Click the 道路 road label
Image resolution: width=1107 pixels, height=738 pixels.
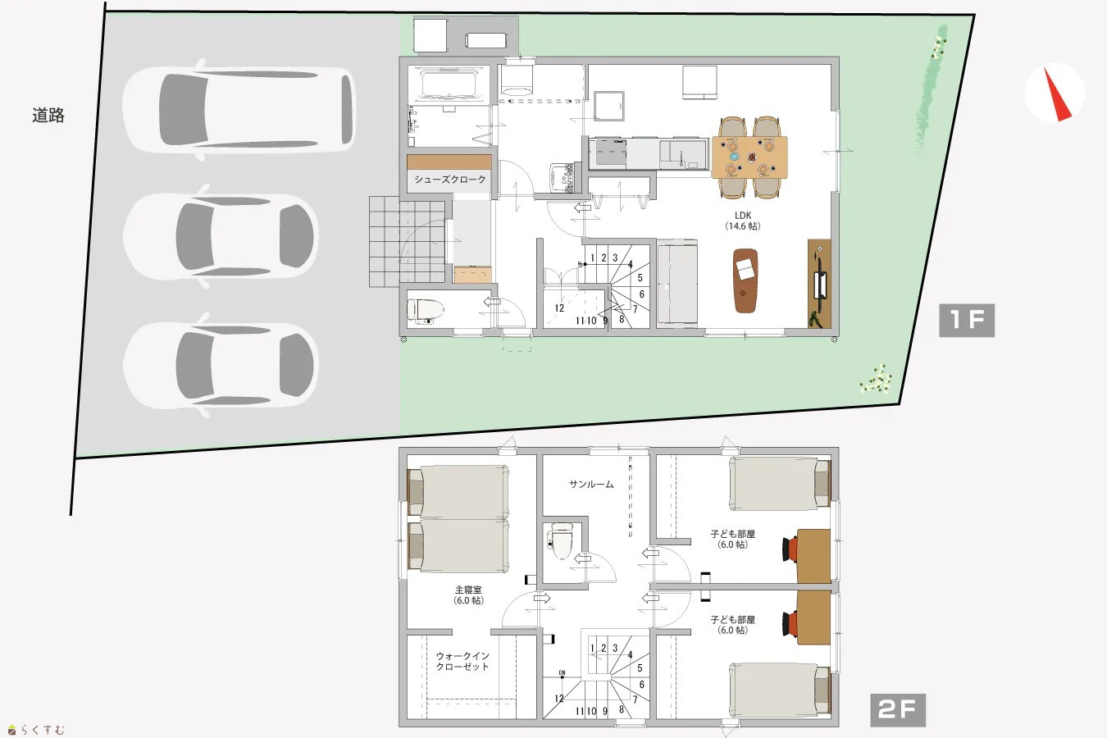(x=48, y=115)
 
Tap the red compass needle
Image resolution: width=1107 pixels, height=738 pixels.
(x=1058, y=95)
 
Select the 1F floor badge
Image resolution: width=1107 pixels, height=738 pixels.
(x=967, y=321)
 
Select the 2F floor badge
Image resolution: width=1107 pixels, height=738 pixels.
(x=897, y=710)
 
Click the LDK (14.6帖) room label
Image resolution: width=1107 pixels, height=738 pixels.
(x=743, y=221)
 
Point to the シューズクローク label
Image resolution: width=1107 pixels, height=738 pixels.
(x=449, y=180)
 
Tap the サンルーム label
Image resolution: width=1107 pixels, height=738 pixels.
(x=591, y=485)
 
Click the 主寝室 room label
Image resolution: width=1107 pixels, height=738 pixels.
(x=468, y=590)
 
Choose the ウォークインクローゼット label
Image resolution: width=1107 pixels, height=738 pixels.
(x=462, y=662)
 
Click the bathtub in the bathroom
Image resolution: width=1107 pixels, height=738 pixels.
(x=449, y=84)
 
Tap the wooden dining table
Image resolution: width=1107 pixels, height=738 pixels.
(x=749, y=157)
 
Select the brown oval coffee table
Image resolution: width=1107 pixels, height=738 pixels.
(x=745, y=280)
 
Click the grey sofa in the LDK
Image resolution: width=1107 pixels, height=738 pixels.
(x=677, y=283)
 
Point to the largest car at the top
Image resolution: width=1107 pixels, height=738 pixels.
(x=239, y=109)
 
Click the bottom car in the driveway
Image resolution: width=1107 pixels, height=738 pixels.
(x=221, y=366)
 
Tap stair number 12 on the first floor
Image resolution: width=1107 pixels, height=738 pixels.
(x=559, y=308)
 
